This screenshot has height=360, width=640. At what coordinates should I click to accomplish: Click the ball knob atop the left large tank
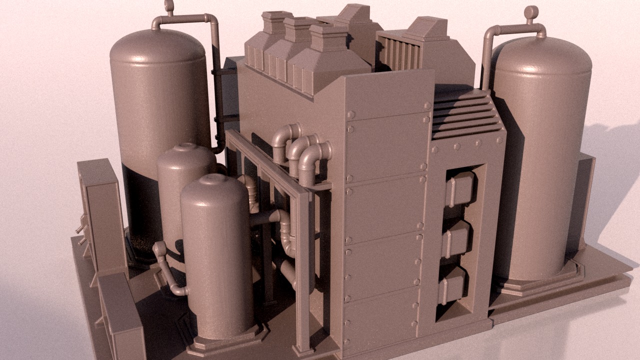169,6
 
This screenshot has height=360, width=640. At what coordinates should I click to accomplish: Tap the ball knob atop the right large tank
531,12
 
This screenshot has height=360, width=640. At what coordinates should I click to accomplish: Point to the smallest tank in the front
217,255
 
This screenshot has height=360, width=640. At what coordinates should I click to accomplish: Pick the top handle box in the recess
459,189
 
